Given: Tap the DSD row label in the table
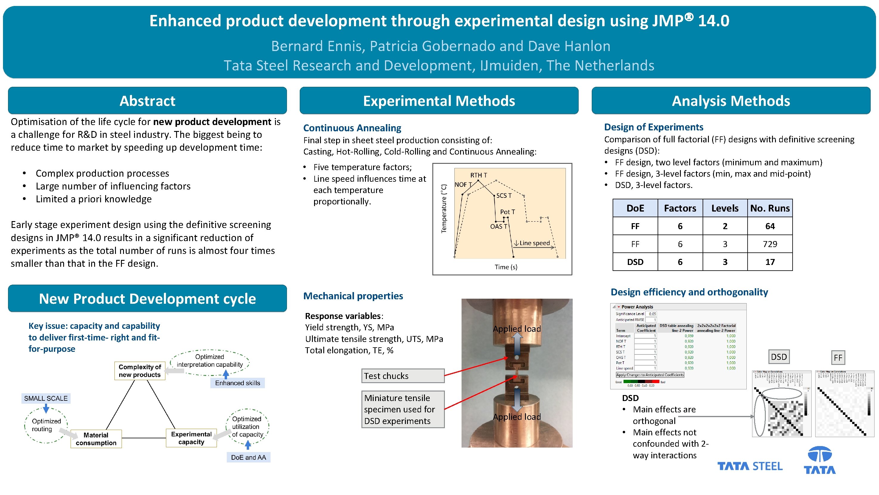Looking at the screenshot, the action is [x=635, y=262].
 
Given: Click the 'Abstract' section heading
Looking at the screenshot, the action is [x=147, y=101].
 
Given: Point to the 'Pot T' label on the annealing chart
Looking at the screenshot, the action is [x=507, y=212].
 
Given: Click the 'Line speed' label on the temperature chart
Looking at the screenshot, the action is [x=534, y=243].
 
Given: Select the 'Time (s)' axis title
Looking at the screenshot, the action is [x=506, y=267].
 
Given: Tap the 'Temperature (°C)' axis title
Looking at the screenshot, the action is [x=444, y=208].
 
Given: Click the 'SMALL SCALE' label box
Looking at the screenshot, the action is [x=46, y=398].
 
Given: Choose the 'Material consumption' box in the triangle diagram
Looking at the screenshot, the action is [x=96, y=439].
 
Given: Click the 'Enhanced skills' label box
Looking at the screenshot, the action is [x=237, y=383].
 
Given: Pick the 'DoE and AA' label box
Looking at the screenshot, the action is [x=249, y=457].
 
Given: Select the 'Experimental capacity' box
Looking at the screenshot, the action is [x=191, y=438].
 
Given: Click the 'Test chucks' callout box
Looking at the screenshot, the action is [x=403, y=376].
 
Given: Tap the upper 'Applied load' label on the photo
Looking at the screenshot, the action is [x=517, y=329].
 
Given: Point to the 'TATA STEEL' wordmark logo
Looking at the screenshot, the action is [x=750, y=466].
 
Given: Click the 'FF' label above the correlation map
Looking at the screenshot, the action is [x=838, y=358].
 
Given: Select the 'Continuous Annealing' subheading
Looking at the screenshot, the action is [x=352, y=128].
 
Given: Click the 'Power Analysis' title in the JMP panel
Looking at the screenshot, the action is [x=637, y=307].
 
